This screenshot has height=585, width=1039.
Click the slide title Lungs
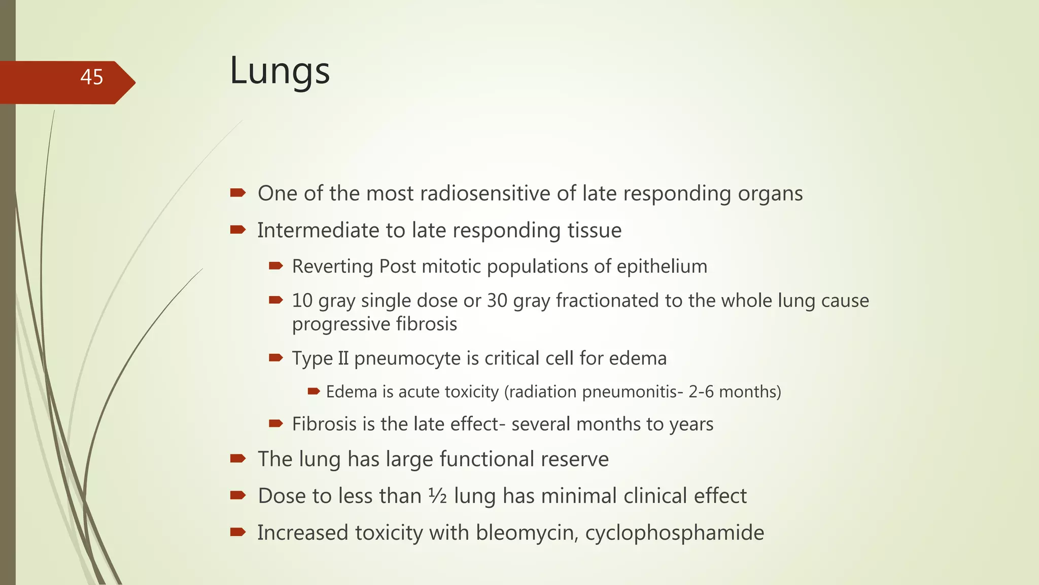(280, 71)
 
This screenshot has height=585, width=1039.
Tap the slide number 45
(92, 77)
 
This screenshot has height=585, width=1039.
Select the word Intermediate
(318, 231)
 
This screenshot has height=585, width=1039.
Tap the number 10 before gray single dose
(302, 301)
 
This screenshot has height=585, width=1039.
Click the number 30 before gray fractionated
(497, 301)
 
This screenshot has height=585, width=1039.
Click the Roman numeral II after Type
(343, 359)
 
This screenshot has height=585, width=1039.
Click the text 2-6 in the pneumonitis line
(701, 392)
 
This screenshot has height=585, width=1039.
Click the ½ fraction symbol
(437, 496)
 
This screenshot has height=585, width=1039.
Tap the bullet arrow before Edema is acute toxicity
(314, 391)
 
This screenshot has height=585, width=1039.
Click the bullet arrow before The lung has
(237, 459)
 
